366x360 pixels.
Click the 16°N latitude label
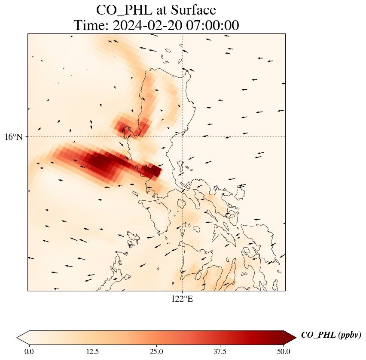(16, 137)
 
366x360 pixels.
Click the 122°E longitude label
(182, 299)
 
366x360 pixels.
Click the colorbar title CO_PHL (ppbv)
(331, 335)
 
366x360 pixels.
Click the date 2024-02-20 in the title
(146, 25)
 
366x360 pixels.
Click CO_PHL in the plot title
(120, 9)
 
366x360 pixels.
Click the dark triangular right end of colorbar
(290, 338)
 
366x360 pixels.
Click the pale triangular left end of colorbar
(23, 338)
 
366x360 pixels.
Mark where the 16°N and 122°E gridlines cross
(183, 137)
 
